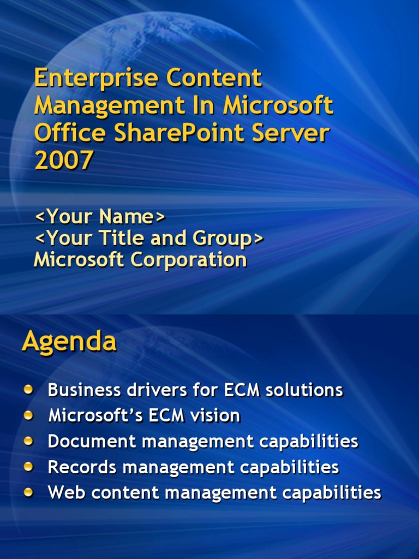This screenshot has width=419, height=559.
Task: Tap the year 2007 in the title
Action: click(64, 160)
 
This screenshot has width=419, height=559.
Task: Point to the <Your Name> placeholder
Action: click(100, 217)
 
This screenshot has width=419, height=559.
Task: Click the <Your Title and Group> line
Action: click(149, 238)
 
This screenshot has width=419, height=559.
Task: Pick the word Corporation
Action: click(188, 260)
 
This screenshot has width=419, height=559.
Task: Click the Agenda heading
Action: click(69, 342)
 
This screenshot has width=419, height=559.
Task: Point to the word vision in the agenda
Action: click(215, 415)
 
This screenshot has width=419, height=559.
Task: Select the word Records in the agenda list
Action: click(82, 467)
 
